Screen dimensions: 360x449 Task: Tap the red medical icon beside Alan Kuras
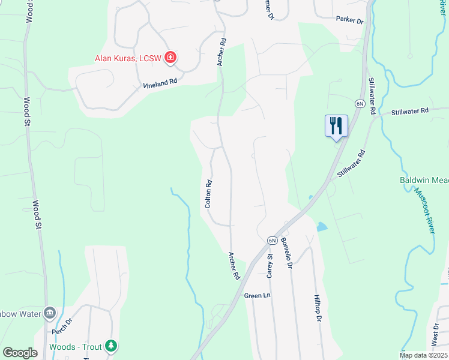170,58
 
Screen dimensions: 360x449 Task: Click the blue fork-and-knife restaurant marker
336,126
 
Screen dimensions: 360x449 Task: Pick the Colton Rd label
209,194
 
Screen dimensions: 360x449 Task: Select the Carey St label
270,265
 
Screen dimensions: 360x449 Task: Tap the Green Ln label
258,296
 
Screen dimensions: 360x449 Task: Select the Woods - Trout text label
76,346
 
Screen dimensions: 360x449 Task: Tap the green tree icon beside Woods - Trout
110,346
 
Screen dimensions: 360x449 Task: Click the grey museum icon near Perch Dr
50,313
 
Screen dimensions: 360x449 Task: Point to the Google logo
20,353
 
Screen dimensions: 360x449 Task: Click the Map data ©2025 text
424,355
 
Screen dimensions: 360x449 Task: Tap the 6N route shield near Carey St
271,241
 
